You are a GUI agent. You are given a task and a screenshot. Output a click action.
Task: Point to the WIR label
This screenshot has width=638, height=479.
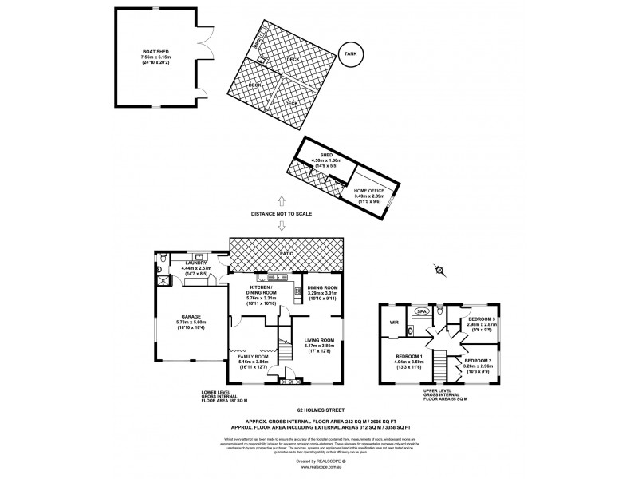coord(394,323)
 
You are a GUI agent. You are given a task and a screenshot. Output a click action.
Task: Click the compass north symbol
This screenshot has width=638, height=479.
coord(438,271)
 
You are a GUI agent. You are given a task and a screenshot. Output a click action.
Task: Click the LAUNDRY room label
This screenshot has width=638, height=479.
coord(196,263)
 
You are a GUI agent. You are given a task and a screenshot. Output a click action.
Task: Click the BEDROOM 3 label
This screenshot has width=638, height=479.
coord(483,319)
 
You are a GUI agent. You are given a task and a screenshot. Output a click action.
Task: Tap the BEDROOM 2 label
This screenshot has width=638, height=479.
coord(479,361)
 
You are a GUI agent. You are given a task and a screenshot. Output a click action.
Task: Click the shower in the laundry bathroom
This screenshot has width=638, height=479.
coord(165,279)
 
